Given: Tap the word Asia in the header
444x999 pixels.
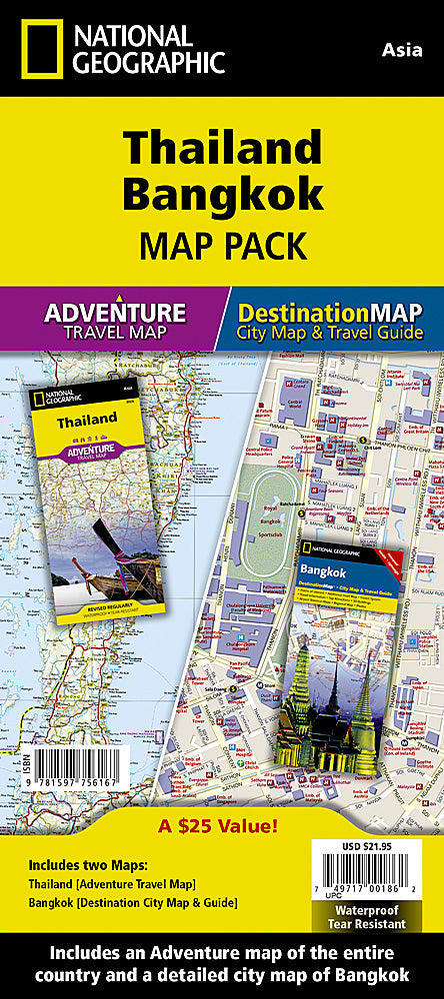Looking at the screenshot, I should tap(407, 49).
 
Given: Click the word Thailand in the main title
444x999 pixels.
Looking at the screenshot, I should tap(221, 150).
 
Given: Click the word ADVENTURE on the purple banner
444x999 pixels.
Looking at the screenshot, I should tap(114, 311).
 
